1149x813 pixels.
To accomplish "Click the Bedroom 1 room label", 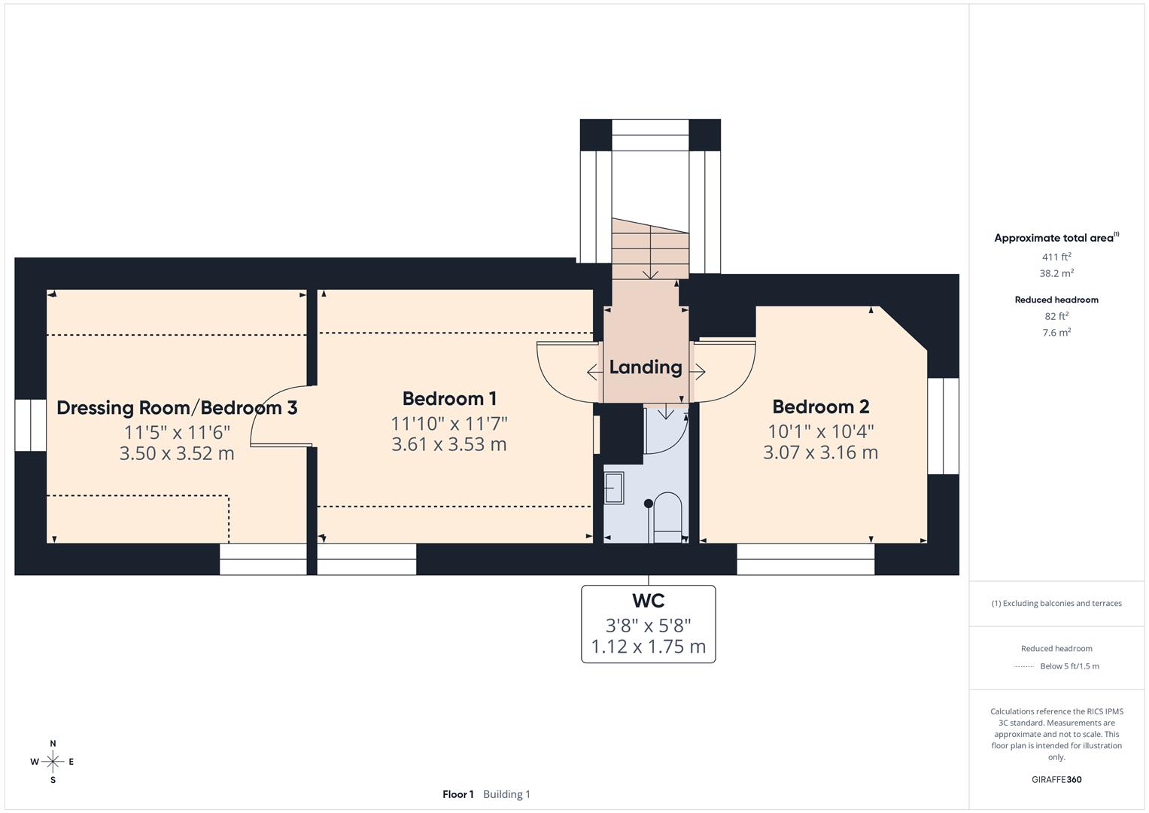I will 449,399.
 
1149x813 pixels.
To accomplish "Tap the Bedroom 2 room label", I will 820,407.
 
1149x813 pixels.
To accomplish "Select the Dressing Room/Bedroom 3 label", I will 177,408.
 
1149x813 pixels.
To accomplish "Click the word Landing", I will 645,367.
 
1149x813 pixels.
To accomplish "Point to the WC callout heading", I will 648,601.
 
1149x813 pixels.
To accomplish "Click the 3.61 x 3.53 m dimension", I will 449,444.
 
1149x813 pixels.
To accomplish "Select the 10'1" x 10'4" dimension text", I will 820,431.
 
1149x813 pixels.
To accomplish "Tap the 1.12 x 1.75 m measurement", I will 648,647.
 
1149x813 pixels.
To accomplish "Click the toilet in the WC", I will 667,516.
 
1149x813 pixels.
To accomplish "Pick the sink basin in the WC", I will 614,489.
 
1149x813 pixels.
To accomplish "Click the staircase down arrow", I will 650,273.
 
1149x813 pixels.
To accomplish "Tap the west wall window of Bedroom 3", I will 31,425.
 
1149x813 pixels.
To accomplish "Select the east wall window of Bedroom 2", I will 943,426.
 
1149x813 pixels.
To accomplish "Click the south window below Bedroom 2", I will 805,559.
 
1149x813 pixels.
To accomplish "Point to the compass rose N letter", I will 53,744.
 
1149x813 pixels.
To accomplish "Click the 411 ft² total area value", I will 1056,257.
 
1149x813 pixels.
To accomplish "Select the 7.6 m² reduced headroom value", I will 1056,332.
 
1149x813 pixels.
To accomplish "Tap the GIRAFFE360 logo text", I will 1056,779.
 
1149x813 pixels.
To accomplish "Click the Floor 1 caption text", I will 457,794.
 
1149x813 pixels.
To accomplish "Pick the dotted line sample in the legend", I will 1023,666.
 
